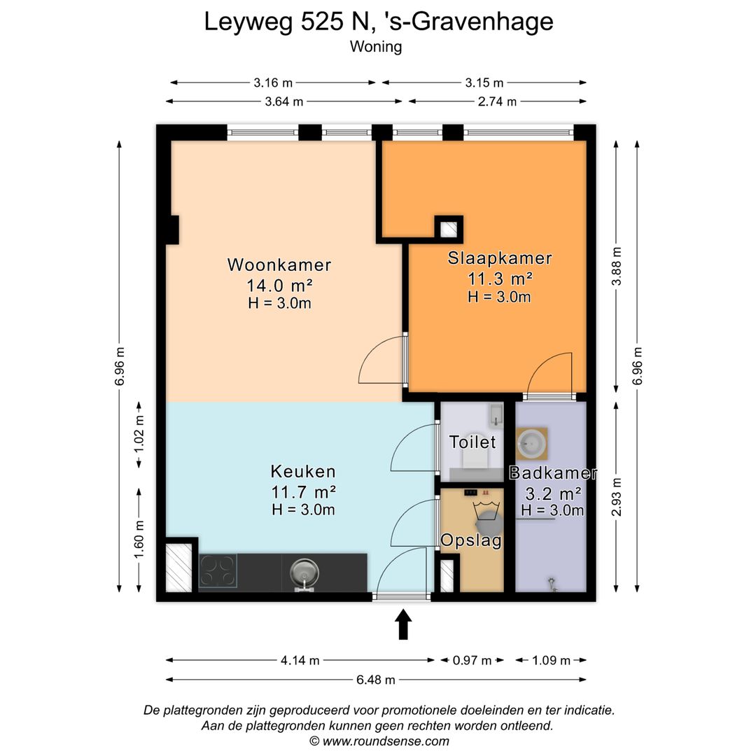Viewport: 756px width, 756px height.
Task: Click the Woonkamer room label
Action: (279, 265)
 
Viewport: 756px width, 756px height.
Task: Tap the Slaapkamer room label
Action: (500, 258)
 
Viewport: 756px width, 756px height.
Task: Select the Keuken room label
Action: (303, 471)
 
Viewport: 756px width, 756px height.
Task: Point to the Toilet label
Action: (472, 442)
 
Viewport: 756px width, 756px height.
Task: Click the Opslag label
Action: (471, 540)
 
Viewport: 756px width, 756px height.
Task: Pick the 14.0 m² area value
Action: (279, 286)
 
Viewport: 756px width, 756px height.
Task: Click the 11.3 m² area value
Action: (500, 279)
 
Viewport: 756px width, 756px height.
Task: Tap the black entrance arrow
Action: (404, 625)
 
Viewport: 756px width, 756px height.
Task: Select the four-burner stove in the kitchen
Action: (218, 571)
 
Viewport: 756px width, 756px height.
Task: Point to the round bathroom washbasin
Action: (532, 443)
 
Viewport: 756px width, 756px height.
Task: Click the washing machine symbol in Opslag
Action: (487, 517)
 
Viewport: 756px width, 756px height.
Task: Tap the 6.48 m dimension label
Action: (376, 680)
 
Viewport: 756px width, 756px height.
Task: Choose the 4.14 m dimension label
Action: (300, 661)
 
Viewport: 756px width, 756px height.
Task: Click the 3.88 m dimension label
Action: (617, 266)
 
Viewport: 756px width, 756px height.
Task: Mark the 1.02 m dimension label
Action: (139, 434)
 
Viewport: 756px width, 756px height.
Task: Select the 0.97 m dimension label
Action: (472, 661)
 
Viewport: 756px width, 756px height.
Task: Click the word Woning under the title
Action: (376, 47)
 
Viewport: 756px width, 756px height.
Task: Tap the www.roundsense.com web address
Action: (386, 741)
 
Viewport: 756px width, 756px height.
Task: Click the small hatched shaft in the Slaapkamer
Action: (449, 230)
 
